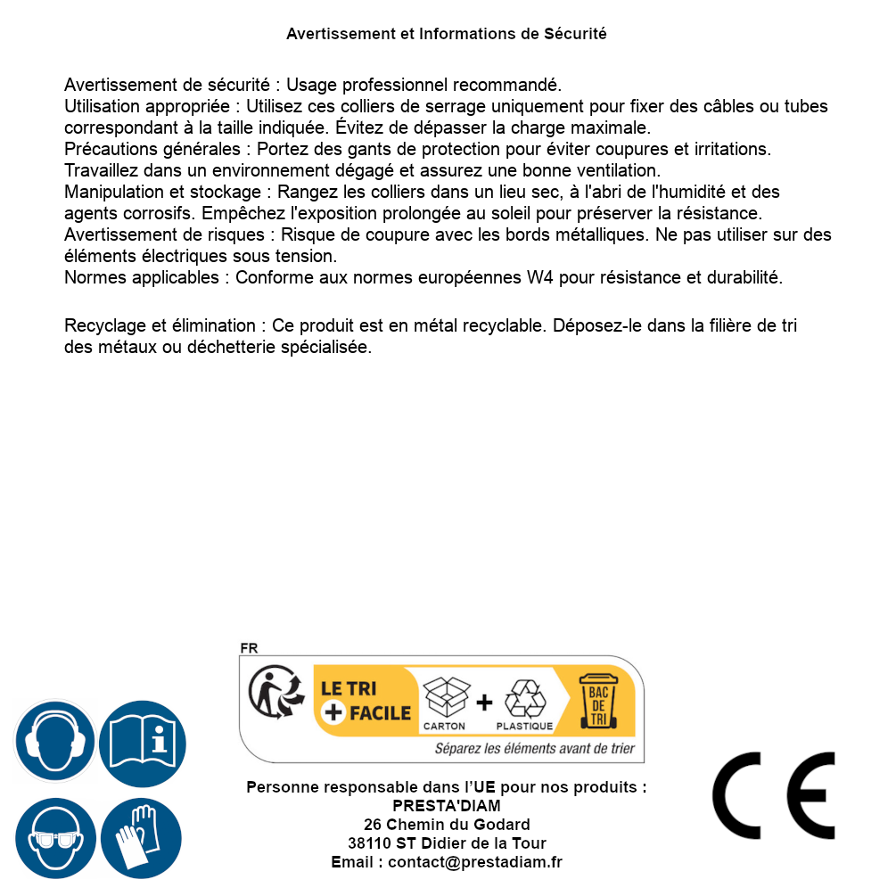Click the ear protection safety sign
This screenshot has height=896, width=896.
pyautogui.click(x=54, y=742)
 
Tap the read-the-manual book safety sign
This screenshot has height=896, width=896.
pyautogui.click(x=143, y=742)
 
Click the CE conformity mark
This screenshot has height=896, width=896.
pyautogui.click(x=774, y=796)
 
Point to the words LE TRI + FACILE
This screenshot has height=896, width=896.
pyautogui.click(x=365, y=701)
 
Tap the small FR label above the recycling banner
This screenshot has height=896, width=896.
pyautogui.click(x=249, y=648)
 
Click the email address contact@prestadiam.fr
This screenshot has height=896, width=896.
pyautogui.click(x=475, y=862)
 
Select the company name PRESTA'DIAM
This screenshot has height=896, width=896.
pyautogui.click(x=447, y=806)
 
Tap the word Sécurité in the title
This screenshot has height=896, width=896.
pyautogui.click(x=575, y=34)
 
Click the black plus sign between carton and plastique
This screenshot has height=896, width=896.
pyautogui.click(x=484, y=703)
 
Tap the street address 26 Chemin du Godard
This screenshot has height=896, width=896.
pyautogui.click(x=447, y=825)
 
